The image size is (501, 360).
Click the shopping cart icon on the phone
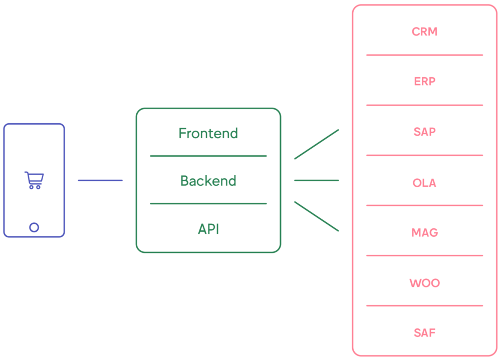(34, 180)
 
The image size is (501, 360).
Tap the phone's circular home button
(34, 227)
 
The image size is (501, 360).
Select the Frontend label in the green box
(208, 133)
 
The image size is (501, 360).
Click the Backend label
(208, 181)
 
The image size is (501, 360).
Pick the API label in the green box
(208, 229)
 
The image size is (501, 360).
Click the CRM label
(424, 32)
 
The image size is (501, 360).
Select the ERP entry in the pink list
(424, 81)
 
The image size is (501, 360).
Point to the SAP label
(424, 132)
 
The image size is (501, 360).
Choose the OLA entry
(424, 183)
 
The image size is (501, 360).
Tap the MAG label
(424, 233)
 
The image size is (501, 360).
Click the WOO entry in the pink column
(424, 283)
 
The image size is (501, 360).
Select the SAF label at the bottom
(424, 332)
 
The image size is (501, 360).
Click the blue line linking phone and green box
(100, 180)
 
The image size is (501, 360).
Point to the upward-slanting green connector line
(317, 144)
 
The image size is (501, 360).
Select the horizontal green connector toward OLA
(317, 180)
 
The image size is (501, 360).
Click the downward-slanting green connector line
(317, 216)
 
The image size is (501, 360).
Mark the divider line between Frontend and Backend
(208, 156)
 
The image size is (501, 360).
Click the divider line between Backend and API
(208, 204)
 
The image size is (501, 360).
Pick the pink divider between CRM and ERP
(424, 55)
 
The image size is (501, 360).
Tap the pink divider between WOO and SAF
(424, 305)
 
